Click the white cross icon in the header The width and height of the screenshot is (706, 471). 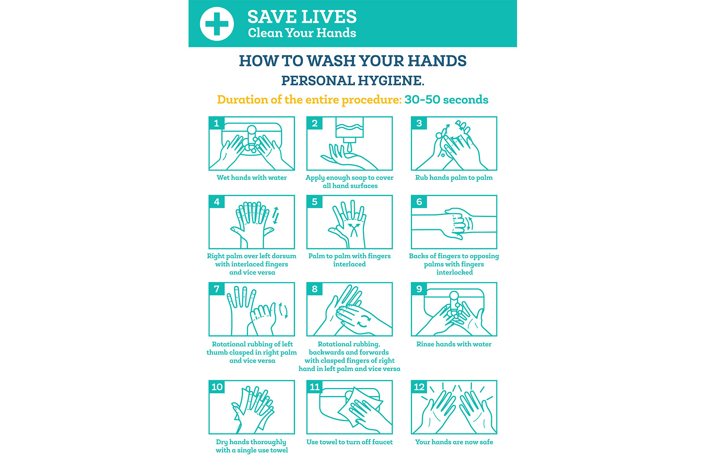[217, 24]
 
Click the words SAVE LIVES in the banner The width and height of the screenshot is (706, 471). [302, 17]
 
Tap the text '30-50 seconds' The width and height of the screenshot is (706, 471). [446, 100]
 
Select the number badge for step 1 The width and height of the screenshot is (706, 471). [216, 123]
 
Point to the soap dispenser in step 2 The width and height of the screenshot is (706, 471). [350, 132]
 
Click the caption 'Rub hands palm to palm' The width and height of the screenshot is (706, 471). [454, 178]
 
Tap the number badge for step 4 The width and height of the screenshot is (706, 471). [216, 202]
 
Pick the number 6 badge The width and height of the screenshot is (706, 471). [419, 202]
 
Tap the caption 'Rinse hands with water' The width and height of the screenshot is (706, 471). [454, 344]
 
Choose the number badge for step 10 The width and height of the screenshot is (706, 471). [217, 387]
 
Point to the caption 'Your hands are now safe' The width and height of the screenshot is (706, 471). [454, 442]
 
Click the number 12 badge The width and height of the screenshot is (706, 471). [419, 387]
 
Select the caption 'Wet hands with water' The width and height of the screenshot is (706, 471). [252, 178]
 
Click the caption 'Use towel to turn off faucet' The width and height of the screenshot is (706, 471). [350, 442]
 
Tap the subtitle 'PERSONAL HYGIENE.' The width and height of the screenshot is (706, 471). [353, 81]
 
